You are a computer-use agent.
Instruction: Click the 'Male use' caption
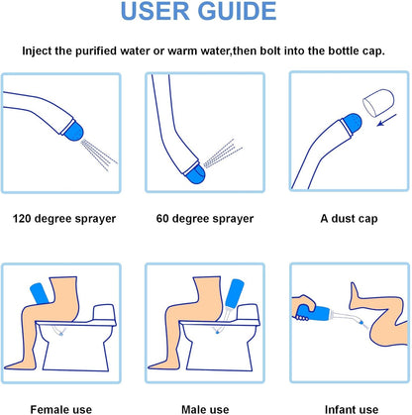[205, 406]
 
